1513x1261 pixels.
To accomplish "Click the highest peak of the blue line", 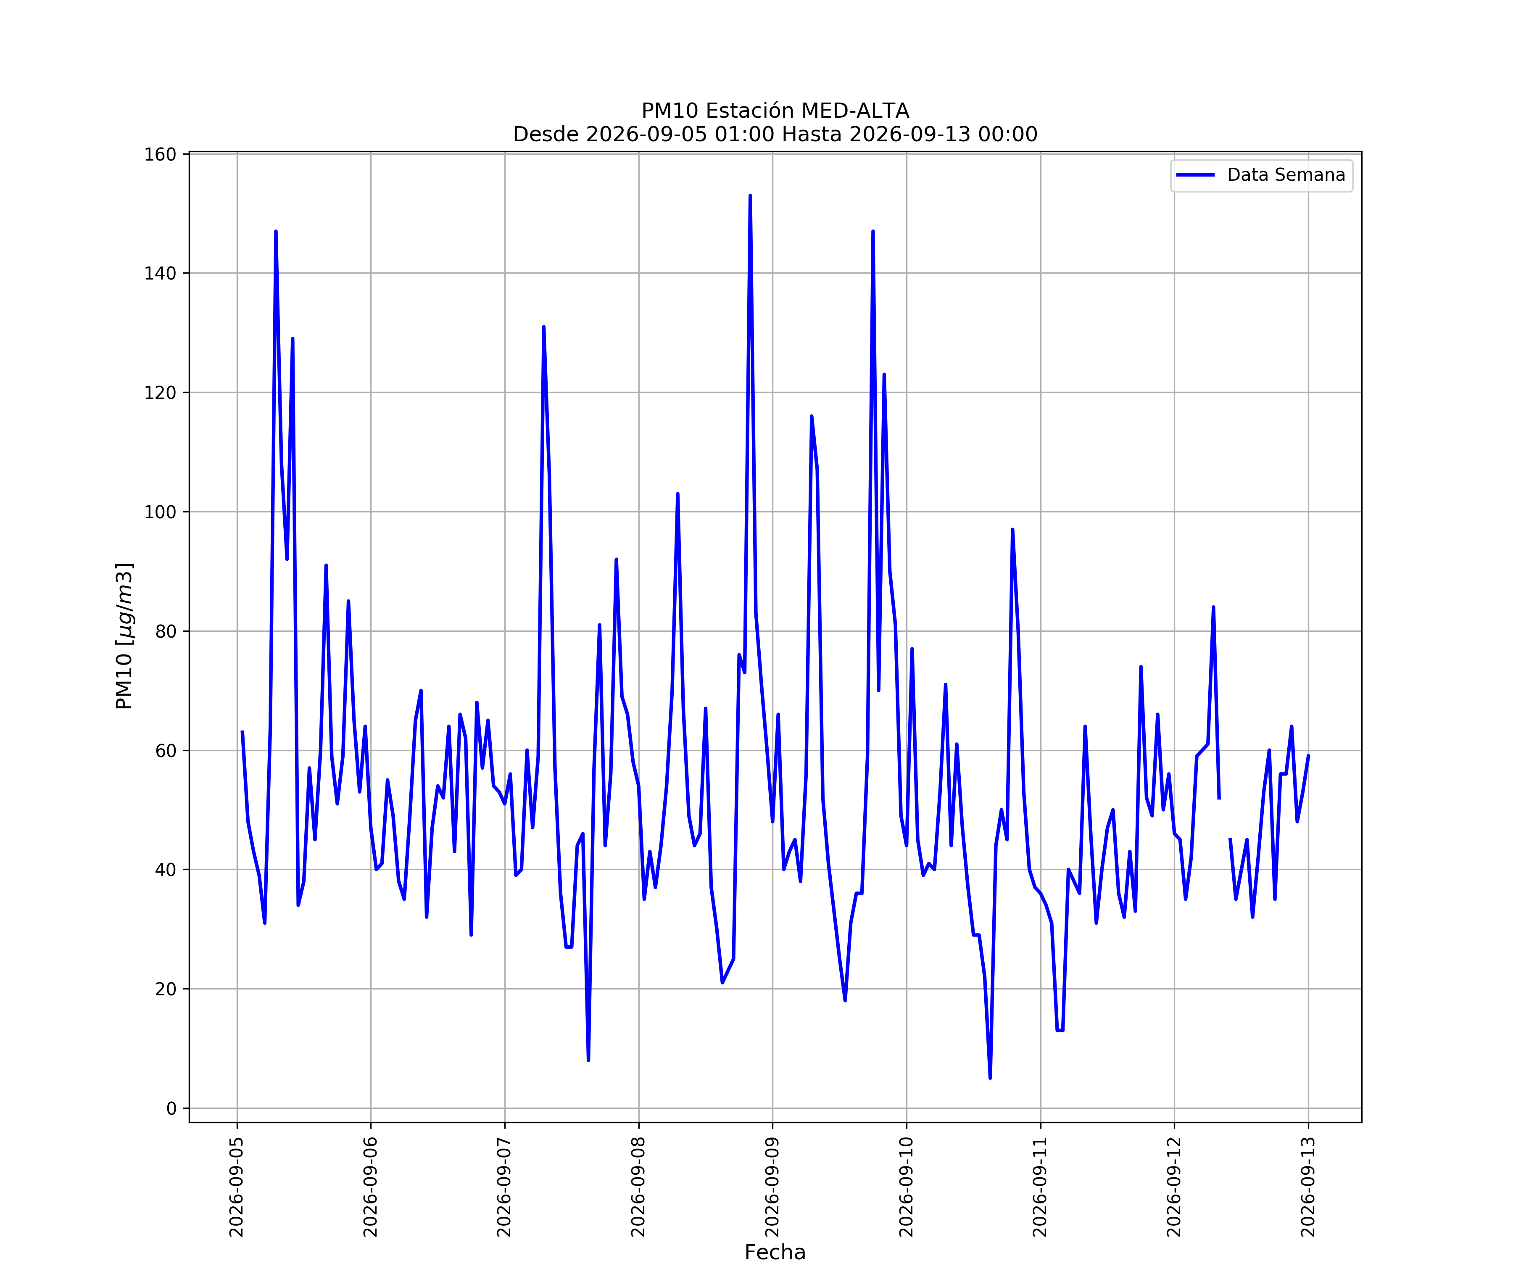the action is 750,195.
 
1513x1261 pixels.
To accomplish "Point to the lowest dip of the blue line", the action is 990,1078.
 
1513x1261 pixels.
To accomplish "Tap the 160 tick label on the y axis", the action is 161,154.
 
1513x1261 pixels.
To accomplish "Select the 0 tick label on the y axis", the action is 171,1108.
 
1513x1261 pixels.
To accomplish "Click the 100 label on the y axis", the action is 161,512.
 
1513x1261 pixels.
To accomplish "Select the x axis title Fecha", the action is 775,1252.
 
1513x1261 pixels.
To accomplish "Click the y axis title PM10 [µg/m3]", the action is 125,636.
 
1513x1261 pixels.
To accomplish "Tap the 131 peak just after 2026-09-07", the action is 544,327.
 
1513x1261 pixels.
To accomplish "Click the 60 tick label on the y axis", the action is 166,751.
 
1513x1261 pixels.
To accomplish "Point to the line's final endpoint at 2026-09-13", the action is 1308,756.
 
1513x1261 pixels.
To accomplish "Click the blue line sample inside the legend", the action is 1195,175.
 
